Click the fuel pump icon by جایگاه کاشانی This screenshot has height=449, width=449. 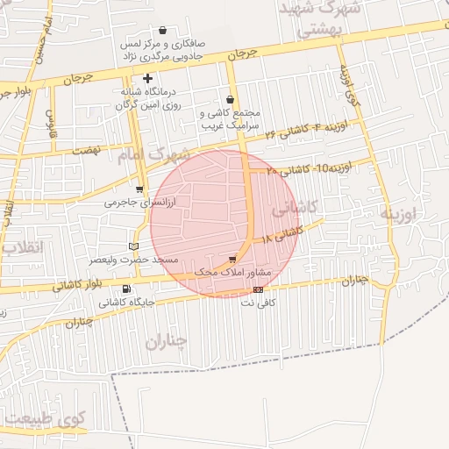click(x=127, y=289)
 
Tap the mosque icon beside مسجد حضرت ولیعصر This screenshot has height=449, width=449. click(x=133, y=246)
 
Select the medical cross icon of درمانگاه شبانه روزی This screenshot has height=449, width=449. click(x=147, y=78)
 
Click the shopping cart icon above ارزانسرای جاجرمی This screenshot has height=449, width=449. click(x=139, y=189)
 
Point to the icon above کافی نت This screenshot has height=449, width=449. click(x=258, y=289)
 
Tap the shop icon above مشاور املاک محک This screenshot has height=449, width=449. click(x=232, y=259)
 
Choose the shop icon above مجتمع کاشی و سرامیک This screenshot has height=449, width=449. click(x=230, y=99)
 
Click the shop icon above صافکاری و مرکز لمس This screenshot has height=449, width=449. click(x=162, y=30)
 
